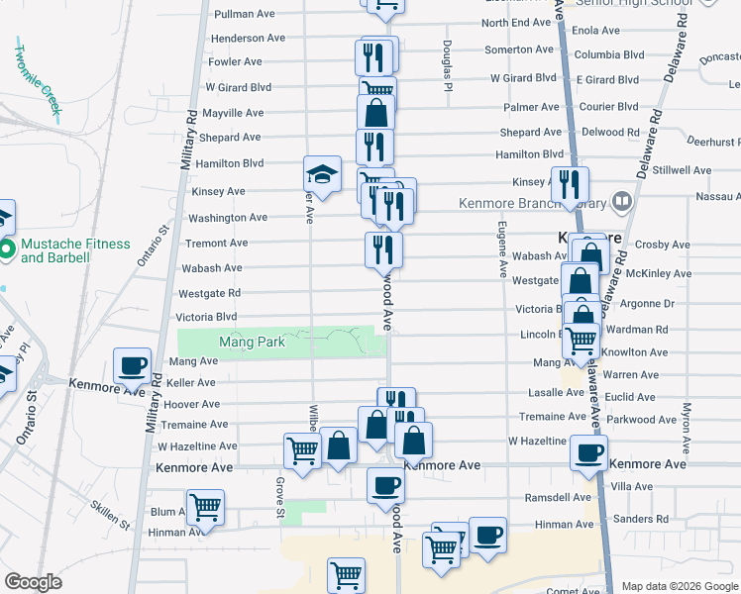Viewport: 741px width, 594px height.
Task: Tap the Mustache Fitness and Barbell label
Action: coord(75,250)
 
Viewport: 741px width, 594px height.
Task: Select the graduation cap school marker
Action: coord(322,175)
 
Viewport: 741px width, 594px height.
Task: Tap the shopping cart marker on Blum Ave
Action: coord(205,508)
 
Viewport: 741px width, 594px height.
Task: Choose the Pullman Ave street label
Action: coord(245,15)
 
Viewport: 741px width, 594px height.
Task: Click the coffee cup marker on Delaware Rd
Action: coord(588,454)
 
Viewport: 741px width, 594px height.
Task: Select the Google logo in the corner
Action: coord(33,582)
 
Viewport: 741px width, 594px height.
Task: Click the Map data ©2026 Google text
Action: coord(680,586)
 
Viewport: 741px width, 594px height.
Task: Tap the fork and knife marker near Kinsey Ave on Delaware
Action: coord(570,184)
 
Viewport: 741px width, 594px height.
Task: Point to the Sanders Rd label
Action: coord(641,519)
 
